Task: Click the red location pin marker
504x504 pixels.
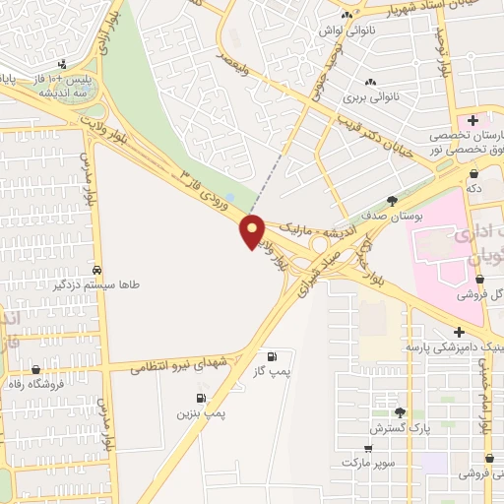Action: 253,230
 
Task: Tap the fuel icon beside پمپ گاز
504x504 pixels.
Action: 272,356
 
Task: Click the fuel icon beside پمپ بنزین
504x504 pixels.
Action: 201,398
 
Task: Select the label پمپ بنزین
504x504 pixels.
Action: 201,413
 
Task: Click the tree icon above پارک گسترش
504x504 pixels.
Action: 399,413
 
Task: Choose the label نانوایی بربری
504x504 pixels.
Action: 370,97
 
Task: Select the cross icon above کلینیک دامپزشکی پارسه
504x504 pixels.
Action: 459,332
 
